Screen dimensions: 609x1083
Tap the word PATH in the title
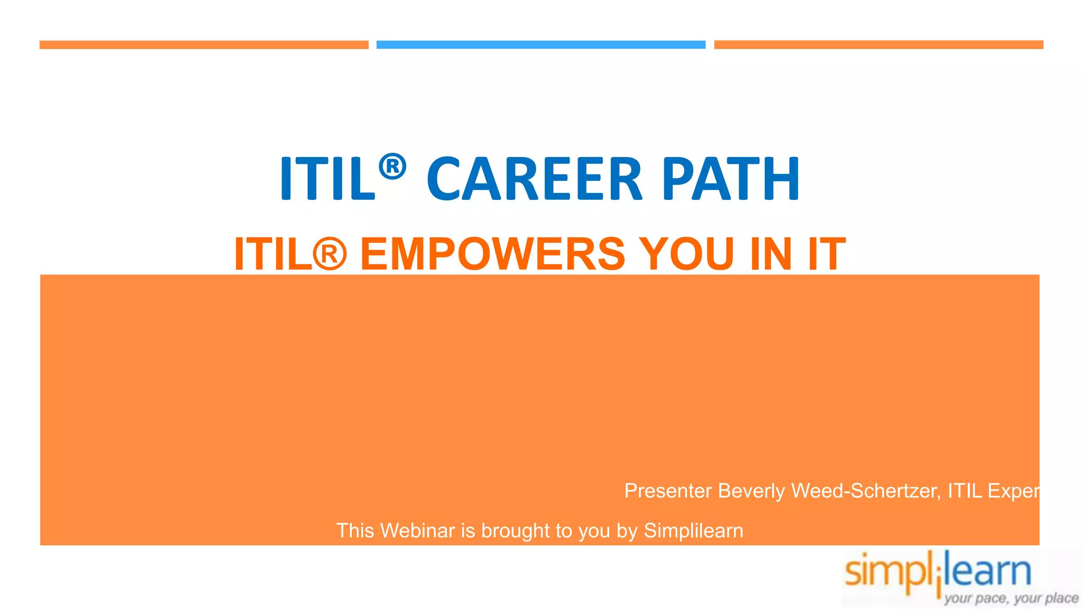[730, 179]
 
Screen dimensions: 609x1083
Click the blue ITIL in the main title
[327, 179]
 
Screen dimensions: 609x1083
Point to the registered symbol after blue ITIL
[392, 166]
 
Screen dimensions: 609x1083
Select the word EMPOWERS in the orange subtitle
[493, 254]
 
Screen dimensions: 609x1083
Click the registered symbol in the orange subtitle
[329, 254]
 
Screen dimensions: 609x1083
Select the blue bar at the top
[540, 45]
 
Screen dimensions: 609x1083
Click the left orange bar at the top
[204, 45]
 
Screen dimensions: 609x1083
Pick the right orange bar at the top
[878, 45]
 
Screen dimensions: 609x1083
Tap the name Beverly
[751, 491]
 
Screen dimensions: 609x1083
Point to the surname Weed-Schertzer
[865, 491]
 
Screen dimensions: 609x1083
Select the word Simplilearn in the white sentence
[693, 531]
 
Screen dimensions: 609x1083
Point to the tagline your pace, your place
[1011, 598]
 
